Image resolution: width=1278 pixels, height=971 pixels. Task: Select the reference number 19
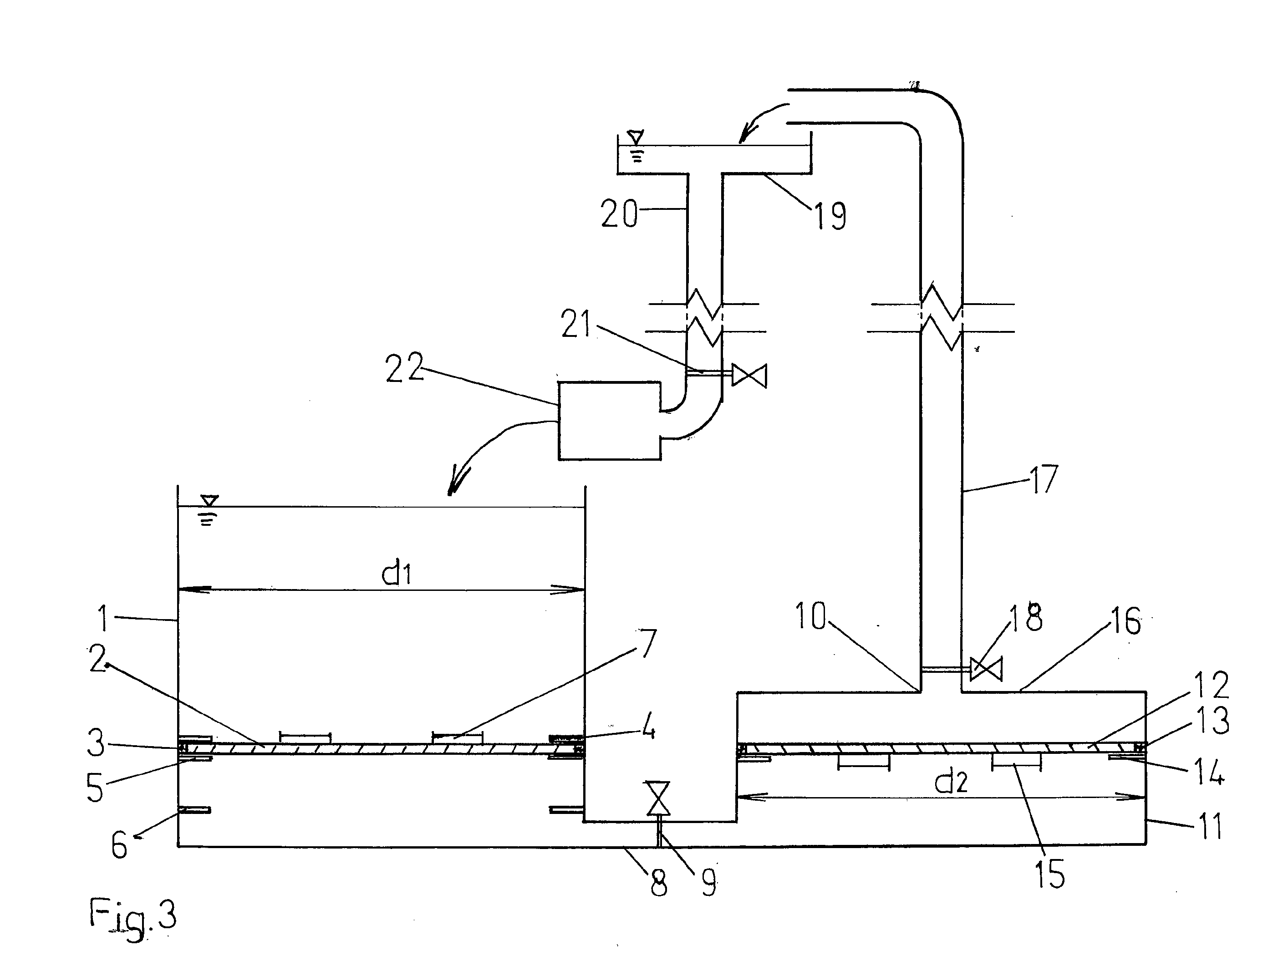point(830,216)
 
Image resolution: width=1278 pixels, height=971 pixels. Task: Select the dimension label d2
point(951,782)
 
